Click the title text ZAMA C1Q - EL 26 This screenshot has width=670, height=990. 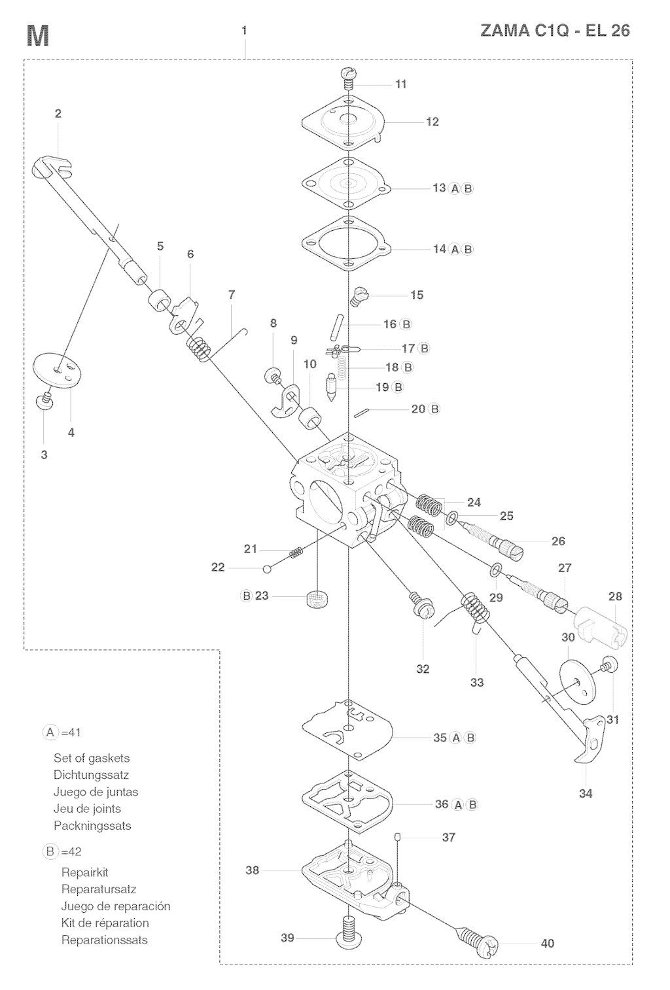pos(555,31)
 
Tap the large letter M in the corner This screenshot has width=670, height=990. pos(37,37)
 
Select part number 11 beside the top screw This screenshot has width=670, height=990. pos(400,84)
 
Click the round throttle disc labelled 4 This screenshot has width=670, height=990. pos(58,371)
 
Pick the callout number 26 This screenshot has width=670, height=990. pos(558,541)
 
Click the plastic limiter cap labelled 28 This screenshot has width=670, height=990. pos(601,621)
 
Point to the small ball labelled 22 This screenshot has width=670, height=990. pos(267,569)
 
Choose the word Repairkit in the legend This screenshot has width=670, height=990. pos(84,872)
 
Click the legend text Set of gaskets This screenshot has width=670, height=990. pos(92,758)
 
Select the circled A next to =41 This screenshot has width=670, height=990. pos(51,732)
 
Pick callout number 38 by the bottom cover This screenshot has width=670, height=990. pos(253,870)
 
